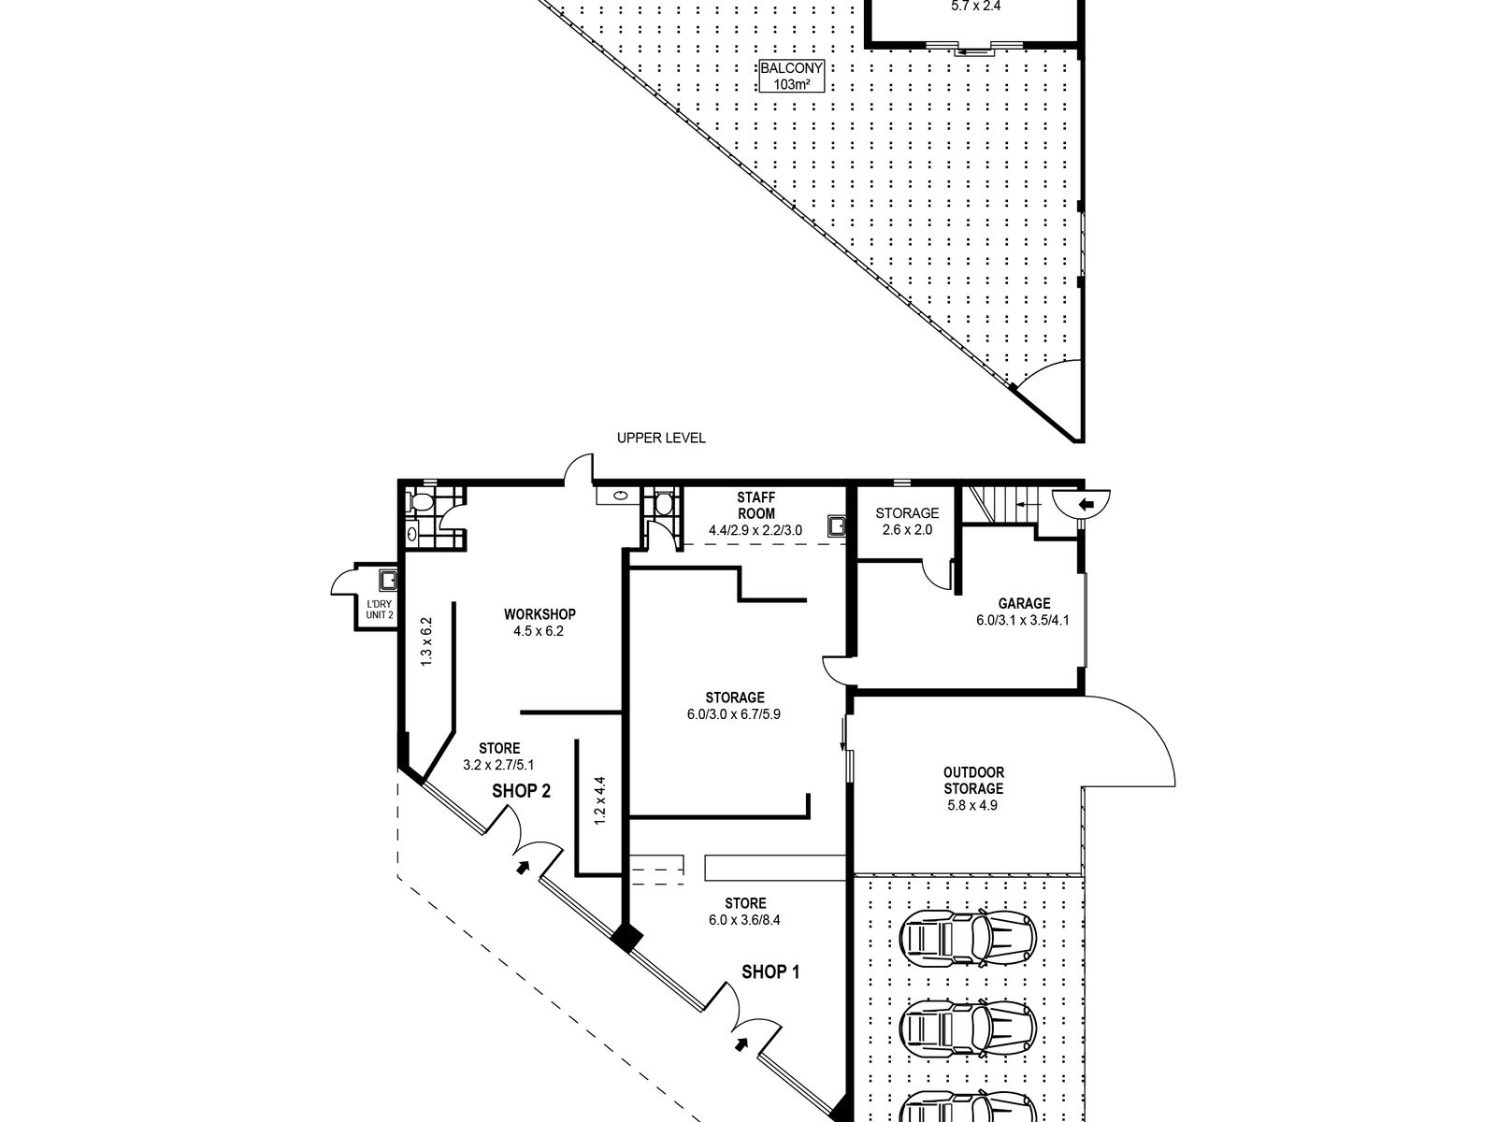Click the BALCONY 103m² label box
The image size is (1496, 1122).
point(791,77)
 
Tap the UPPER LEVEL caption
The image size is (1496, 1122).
point(661,438)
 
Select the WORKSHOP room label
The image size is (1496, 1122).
point(539,613)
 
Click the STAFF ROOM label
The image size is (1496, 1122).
point(755,506)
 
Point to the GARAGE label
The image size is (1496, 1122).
point(1024,603)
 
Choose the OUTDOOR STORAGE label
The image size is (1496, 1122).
point(973,780)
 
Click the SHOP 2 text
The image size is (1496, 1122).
point(522,791)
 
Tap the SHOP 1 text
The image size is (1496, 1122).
point(770,971)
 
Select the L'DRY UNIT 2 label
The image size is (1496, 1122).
point(379,609)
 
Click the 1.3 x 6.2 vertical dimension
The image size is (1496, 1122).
point(426,641)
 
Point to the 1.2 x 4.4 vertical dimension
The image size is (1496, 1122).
point(599,800)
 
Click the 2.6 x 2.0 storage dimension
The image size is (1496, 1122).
point(907,529)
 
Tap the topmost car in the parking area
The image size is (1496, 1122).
point(968,939)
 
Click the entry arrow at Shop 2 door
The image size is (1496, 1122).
point(523,868)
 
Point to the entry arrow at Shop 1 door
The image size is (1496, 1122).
point(741,1043)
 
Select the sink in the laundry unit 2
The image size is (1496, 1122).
point(388,580)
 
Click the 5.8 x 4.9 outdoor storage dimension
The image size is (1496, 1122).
point(972,805)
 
